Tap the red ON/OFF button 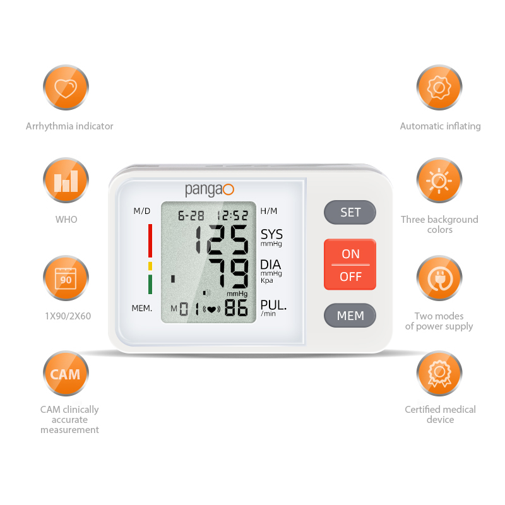coord(350,264)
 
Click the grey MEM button coord(350,315)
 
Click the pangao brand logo coord(210,189)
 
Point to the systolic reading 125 coord(222,239)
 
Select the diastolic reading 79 coord(229,273)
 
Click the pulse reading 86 coord(236,307)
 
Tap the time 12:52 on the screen coord(232,215)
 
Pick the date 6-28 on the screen coord(191,215)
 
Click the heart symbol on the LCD coord(211,309)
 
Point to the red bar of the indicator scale coord(150,241)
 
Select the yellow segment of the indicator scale coord(150,266)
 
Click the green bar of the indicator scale coord(150,284)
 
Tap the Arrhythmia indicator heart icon coord(66,87)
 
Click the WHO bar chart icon coord(66,181)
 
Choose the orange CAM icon coord(66,374)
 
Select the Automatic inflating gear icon coord(439,87)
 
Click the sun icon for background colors coord(439,181)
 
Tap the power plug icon coord(439,278)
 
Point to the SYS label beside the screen coord(271,234)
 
